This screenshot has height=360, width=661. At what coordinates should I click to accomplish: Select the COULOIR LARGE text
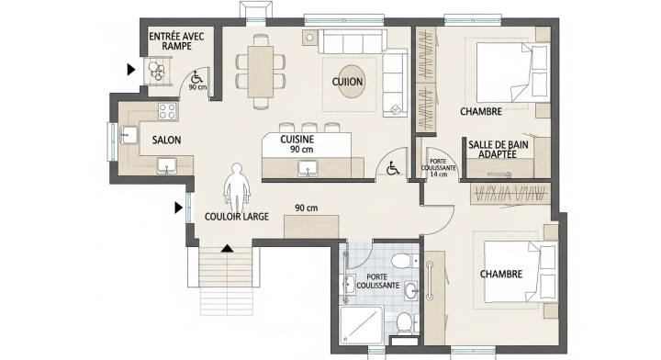(x=237, y=217)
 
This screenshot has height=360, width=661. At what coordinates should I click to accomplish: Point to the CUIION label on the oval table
(x=348, y=82)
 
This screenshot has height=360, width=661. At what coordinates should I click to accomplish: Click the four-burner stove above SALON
(x=167, y=111)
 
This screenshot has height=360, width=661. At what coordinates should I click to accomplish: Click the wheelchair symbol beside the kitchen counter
(x=392, y=168)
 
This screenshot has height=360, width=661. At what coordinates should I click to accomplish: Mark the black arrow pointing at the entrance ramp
(x=132, y=68)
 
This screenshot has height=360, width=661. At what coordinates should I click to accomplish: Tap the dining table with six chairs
(x=259, y=69)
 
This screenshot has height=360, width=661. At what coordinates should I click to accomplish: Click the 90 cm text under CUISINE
(x=301, y=149)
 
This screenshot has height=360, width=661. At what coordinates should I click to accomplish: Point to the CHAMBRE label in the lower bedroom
(x=500, y=274)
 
